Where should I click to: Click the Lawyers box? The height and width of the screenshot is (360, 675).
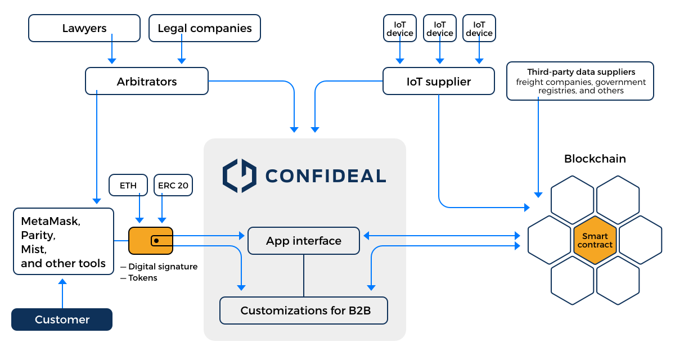[x=84, y=28]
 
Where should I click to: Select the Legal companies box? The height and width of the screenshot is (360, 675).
[x=205, y=28]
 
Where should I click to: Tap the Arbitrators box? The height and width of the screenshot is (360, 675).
[x=147, y=82]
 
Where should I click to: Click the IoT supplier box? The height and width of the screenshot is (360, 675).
[x=439, y=82]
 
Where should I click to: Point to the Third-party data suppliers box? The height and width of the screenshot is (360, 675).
[x=580, y=81]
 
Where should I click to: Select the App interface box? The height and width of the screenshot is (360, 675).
[x=304, y=241]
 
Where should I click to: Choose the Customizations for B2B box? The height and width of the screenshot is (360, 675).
[x=304, y=310]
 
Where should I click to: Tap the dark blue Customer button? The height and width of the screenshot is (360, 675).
[x=62, y=319]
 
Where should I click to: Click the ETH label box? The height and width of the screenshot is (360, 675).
[x=128, y=185]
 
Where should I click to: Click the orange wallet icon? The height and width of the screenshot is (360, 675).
[x=151, y=241]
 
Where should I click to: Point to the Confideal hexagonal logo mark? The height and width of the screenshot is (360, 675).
[x=238, y=175]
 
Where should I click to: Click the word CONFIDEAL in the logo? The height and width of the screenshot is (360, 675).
[x=325, y=176]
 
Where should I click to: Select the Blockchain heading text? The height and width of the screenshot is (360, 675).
[x=595, y=159]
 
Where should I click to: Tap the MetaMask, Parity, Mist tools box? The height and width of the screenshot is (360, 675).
[x=64, y=242]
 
